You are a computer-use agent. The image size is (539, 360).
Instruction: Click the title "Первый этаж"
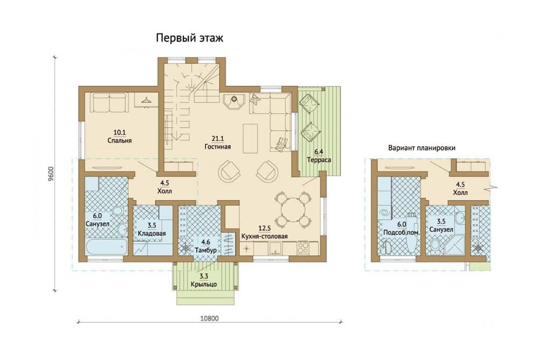(189, 38)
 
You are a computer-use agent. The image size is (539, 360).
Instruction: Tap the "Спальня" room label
(119, 141)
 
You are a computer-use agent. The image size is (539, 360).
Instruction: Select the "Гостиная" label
(218, 147)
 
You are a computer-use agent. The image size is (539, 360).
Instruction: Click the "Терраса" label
(319, 160)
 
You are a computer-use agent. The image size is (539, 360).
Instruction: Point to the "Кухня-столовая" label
(264, 237)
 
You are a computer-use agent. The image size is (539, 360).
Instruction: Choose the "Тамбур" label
(205, 250)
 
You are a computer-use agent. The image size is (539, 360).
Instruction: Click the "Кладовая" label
(151, 233)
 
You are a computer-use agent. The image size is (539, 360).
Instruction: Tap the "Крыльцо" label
(204, 285)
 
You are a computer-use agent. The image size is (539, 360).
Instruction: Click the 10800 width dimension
(209, 319)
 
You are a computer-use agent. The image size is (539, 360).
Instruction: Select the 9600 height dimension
(51, 175)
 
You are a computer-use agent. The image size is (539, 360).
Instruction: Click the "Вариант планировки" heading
(422, 148)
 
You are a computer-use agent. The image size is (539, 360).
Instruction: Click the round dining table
(293, 210)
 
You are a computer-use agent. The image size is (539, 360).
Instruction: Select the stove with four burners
(303, 248)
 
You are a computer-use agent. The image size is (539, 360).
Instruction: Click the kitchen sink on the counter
(274, 248)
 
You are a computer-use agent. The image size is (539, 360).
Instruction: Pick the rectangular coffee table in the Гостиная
(250, 139)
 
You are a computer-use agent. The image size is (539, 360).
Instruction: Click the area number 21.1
(218, 139)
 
